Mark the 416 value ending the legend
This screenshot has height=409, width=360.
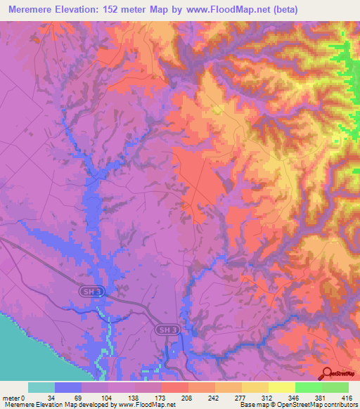tap(346, 397)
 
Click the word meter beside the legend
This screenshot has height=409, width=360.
tap(13, 397)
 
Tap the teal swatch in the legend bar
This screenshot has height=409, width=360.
tap(41, 387)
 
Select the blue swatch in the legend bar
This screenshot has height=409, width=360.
tap(68, 387)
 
